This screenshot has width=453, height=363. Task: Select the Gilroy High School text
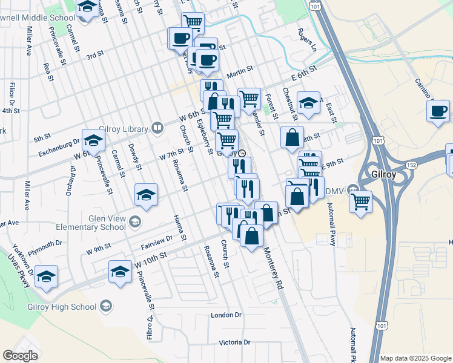62,307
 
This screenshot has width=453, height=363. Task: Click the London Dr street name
226,315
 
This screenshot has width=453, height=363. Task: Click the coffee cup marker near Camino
438,112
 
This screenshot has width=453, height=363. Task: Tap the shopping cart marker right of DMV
361,201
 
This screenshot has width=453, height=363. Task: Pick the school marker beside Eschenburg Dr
93,140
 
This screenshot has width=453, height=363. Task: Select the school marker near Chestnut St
308,103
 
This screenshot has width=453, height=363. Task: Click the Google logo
20,356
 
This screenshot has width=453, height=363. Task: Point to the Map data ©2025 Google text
415,358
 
